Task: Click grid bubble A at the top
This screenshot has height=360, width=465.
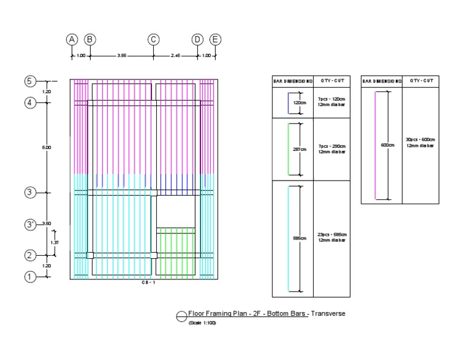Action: click(72, 39)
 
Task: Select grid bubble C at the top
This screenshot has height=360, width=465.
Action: click(154, 39)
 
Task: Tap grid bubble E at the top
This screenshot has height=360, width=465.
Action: click(216, 39)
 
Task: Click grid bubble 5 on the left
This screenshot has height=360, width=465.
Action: click(29, 81)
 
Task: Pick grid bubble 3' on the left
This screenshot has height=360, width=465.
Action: click(29, 224)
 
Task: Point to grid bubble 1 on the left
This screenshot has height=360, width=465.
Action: click(29, 276)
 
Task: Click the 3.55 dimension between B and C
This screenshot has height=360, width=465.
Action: click(122, 56)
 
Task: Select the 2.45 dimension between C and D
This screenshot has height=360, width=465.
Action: click(176, 56)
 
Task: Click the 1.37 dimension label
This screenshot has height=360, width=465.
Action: click(54, 242)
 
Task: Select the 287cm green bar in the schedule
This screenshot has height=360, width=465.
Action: click(289, 149)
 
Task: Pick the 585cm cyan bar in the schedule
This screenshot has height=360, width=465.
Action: click(289, 238)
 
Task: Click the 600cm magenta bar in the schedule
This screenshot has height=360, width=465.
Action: click(375, 145)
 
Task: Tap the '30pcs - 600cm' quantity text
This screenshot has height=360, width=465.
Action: click(420, 139)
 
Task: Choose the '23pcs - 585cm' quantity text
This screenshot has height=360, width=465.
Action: click(331, 235)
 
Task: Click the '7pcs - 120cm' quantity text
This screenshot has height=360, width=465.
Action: click(331, 99)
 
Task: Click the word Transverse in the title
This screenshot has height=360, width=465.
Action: click(328, 313)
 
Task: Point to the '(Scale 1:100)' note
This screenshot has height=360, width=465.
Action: click(202, 323)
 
